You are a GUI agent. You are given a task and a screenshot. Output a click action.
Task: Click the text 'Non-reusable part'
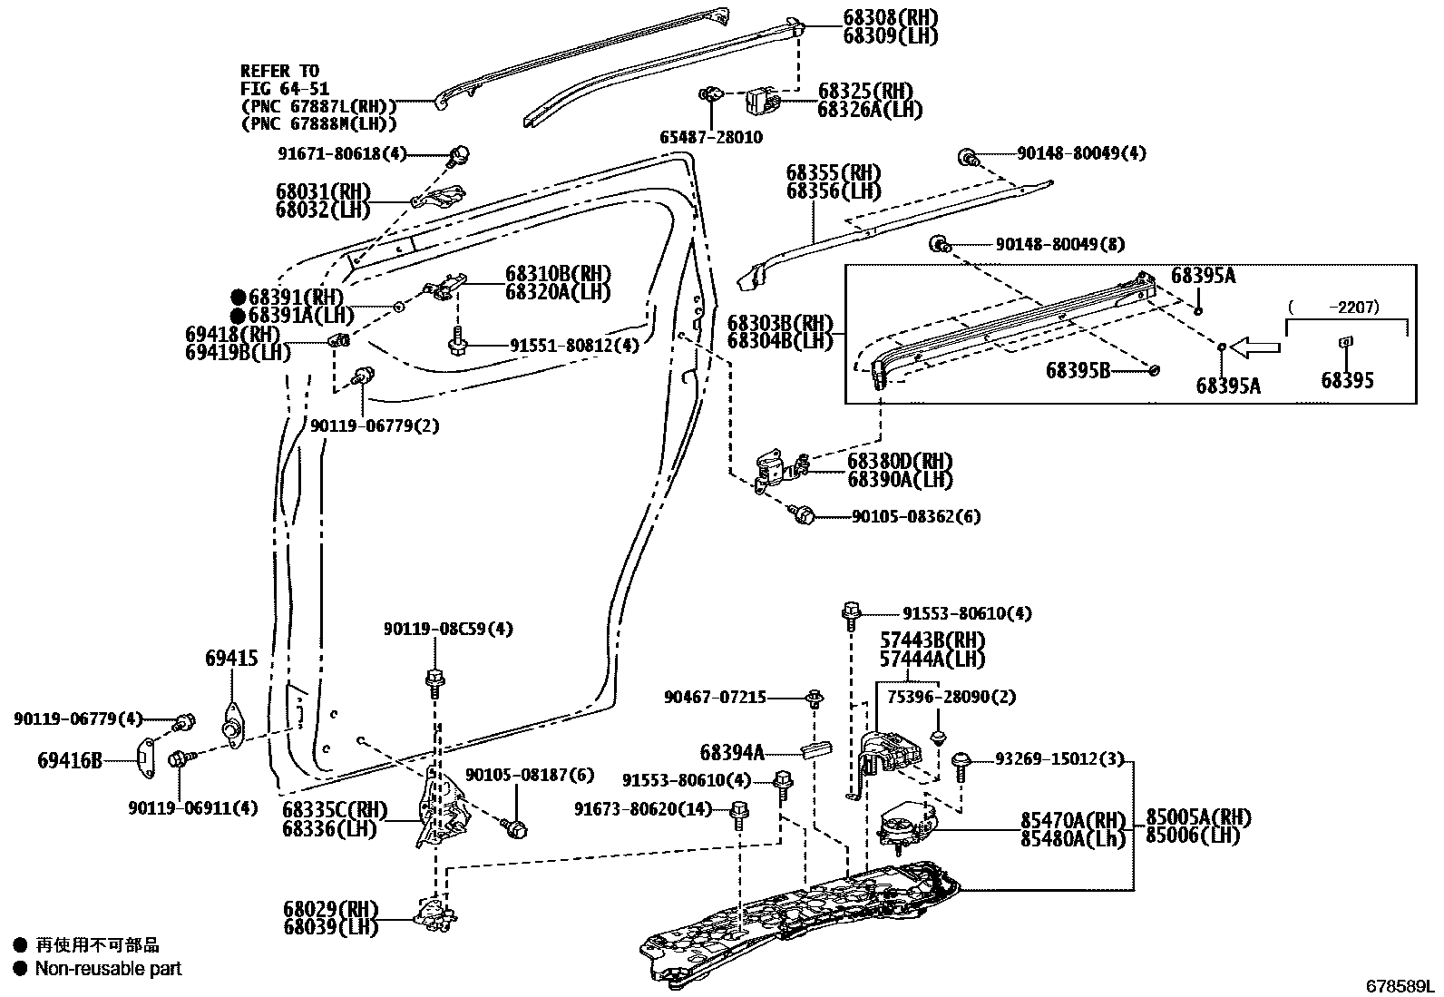(x=108, y=969)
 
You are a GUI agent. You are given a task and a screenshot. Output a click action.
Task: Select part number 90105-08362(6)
(x=915, y=516)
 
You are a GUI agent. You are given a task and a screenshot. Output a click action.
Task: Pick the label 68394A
(x=732, y=752)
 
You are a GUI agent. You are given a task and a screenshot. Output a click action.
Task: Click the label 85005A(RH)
(x=1197, y=817)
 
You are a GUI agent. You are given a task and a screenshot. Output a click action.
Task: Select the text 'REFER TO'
(x=279, y=71)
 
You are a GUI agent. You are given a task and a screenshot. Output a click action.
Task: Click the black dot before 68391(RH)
(x=238, y=297)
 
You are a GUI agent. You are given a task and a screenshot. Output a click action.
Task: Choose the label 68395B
(x=1077, y=370)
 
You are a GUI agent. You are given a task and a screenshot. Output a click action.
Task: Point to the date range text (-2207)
(x=1346, y=308)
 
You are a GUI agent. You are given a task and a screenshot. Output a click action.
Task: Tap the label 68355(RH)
(x=833, y=172)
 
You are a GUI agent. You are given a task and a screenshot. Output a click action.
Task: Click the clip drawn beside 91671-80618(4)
(x=459, y=153)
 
